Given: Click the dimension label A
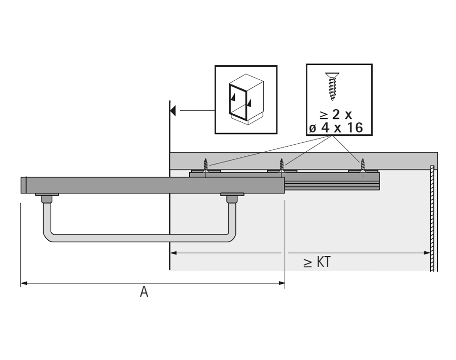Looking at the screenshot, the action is pyautogui.click(x=144, y=291).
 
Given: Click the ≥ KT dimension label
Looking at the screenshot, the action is pyautogui.click(x=317, y=262).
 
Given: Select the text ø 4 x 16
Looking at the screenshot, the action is pyautogui.click(x=336, y=128).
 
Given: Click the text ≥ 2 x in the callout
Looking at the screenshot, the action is pyautogui.click(x=336, y=114).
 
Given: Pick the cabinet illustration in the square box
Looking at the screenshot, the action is pyautogui.click(x=246, y=99).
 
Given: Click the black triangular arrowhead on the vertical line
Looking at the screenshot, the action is pyautogui.click(x=173, y=111).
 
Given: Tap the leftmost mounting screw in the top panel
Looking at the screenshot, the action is pyautogui.click(x=205, y=166).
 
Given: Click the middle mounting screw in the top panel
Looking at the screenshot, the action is pyautogui.click(x=281, y=166).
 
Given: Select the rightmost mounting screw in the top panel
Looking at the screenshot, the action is pyautogui.click(x=362, y=166).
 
